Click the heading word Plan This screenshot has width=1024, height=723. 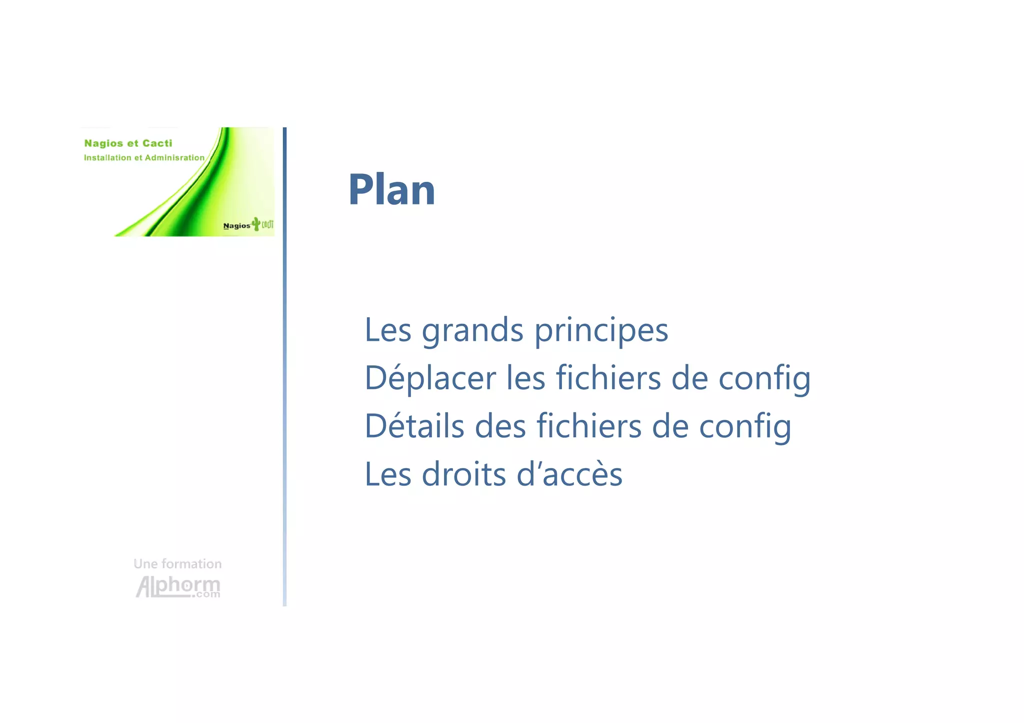391,190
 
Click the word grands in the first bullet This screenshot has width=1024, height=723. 472,331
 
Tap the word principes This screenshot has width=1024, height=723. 601,331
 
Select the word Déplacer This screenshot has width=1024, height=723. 430,378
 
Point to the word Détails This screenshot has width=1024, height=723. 414,426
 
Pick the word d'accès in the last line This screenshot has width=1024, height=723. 569,474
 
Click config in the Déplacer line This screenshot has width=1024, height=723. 764,378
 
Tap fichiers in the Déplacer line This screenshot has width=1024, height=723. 608,378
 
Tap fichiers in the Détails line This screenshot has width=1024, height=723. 588,426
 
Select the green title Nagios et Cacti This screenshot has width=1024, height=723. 128,143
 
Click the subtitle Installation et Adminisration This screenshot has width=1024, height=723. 144,158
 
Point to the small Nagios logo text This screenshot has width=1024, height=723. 236,226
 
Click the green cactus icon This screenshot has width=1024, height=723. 256,224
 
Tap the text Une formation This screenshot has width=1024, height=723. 177,564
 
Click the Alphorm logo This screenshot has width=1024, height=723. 178,587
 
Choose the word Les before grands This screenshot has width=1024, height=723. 388,331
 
